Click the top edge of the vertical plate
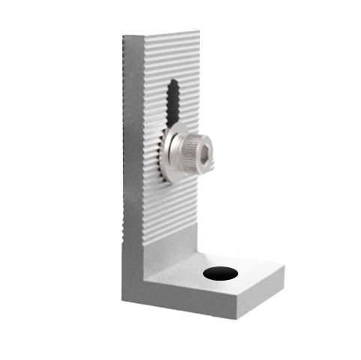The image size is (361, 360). coord(161,32)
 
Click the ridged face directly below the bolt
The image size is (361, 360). coord(180,210)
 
